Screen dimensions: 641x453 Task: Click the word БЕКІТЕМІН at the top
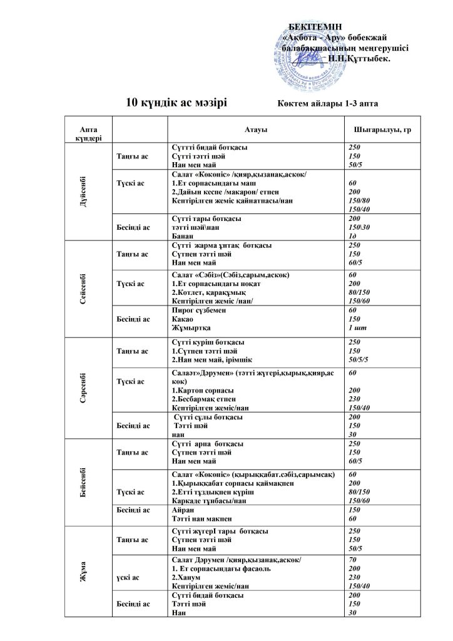tap(315, 26)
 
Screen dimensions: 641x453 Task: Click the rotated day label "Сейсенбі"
tap(84, 289)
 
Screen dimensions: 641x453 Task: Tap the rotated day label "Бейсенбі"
tap(84, 482)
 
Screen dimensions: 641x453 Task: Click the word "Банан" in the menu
tap(182, 236)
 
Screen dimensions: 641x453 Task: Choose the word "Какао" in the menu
tap(182, 319)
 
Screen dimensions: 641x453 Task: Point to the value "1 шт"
tap(356, 327)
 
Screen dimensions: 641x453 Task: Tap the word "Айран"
tap(183, 510)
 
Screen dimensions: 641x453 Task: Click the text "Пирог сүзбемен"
tap(199, 310)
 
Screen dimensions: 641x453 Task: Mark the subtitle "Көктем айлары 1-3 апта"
tap(327, 104)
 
